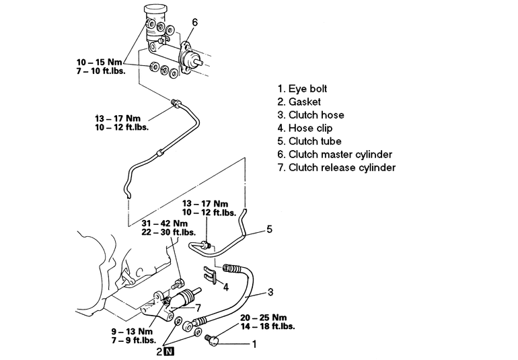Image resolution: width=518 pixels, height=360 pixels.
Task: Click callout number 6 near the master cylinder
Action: (194, 22)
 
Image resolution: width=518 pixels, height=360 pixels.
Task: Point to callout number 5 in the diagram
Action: (268, 229)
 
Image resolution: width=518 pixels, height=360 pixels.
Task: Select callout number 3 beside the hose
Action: (270, 292)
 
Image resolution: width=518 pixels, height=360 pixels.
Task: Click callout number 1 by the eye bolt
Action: (254, 344)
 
